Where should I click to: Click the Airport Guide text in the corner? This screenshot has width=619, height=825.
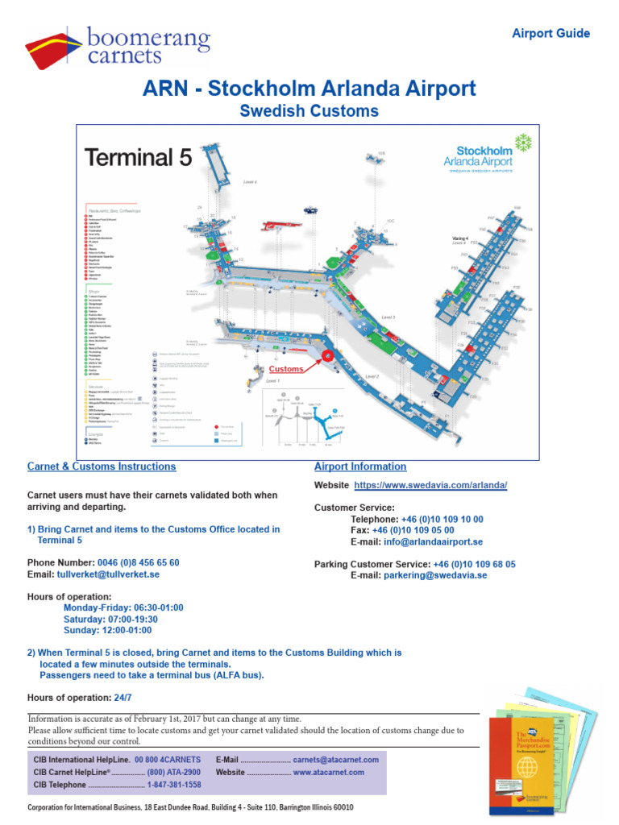pyautogui.click(x=551, y=34)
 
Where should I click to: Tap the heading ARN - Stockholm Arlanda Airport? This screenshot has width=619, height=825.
pyautogui.click(x=309, y=89)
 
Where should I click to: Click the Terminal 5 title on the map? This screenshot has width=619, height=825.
pyautogui.click(x=139, y=157)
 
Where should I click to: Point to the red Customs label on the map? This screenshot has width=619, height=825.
pyautogui.click(x=286, y=369)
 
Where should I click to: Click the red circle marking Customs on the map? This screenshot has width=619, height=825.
pyautogui.click(x=327, y=355)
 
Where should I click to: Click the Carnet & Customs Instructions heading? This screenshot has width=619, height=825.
pyautogui.click(x=102, y=466)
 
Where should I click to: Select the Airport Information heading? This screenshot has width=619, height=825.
pyautogui.click(x=360, y=466)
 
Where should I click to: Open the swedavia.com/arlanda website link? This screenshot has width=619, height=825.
pyautogui.click(x=430, y=486)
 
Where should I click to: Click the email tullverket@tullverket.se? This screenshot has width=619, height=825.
pyautogui.click(x=108, y=575)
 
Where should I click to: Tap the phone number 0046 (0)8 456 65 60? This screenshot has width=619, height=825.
pyautogui.click(x=130, y=563)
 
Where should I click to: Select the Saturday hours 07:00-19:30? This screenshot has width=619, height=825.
pyautogui.click(x=110, y=620)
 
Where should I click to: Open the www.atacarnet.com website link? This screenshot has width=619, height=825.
pyautogui.click(x=328, y=772)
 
